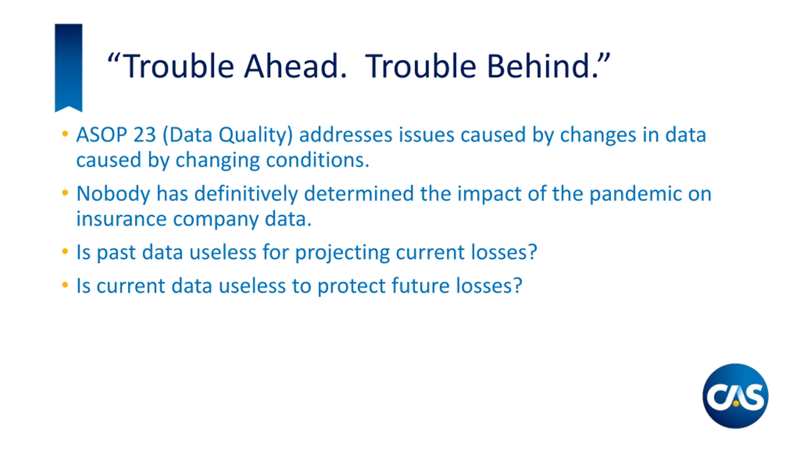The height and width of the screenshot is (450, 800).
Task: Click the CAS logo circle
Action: (x=735, y=396)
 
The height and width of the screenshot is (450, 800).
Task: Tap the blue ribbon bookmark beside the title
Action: (x=68, y=67)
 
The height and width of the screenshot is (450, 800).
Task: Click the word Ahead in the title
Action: (x=295, y=66)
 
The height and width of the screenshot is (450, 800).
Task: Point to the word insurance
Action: (x=121, y=219)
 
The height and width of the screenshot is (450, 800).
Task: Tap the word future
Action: (x=421, y=286)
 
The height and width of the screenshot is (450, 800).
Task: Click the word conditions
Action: (x=317, y=160)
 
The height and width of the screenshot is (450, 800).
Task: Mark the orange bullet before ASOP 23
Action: (x=65, y=134)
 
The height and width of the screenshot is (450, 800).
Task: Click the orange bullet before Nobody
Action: (x=65, y=192)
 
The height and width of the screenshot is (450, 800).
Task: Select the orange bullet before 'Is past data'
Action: (x=65, y=251)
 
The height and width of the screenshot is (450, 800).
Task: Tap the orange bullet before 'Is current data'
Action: (x=65, y=285)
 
